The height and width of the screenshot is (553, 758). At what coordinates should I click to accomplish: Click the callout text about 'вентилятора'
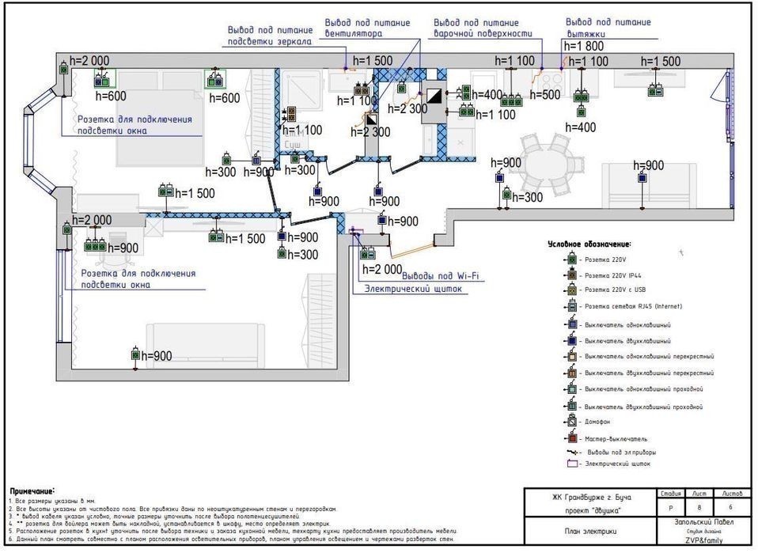tap(366, 28)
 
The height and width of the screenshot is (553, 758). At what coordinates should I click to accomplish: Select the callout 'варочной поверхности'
tap(482, 28)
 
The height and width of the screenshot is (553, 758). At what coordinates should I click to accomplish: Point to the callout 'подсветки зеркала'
tap(269, 36)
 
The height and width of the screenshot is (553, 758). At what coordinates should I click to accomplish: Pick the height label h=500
tap(544, 95)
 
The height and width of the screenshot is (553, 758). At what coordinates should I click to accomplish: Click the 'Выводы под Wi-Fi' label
tap(442, 276)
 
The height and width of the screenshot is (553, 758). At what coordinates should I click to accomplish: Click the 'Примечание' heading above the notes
tap(32, 491)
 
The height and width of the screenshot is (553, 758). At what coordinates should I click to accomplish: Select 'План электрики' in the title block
tap(589, 531)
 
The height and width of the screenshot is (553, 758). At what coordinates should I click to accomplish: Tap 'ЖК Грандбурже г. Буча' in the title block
tap(589, 498)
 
